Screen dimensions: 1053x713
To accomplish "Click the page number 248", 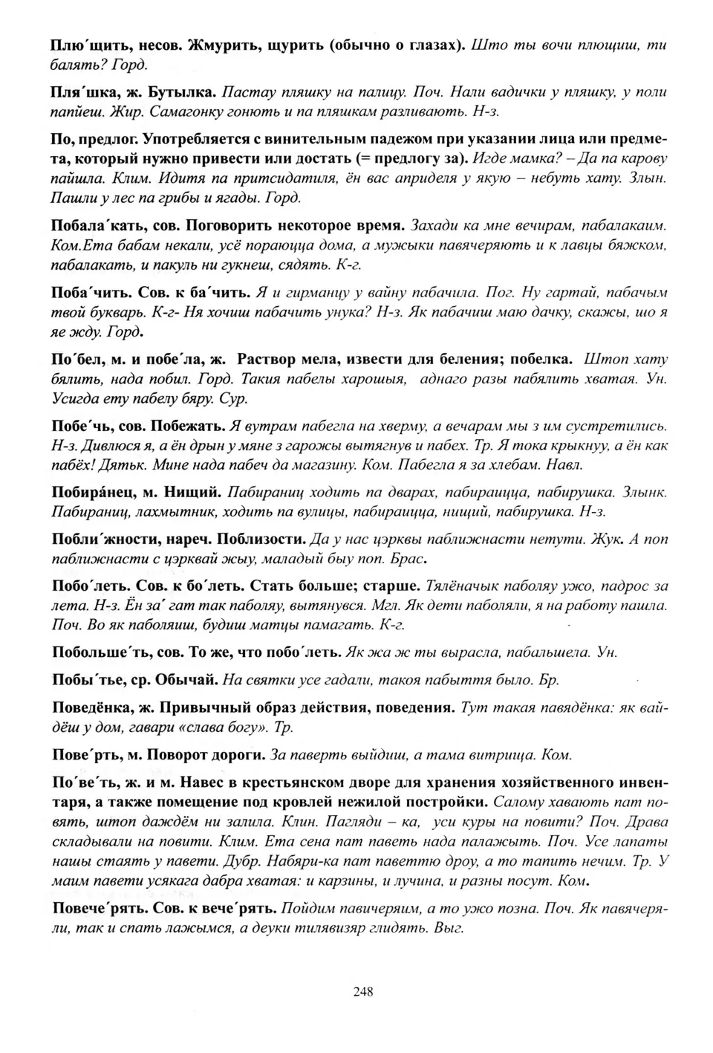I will pos(363,991).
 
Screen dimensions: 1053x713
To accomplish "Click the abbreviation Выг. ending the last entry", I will pos(450,928).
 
